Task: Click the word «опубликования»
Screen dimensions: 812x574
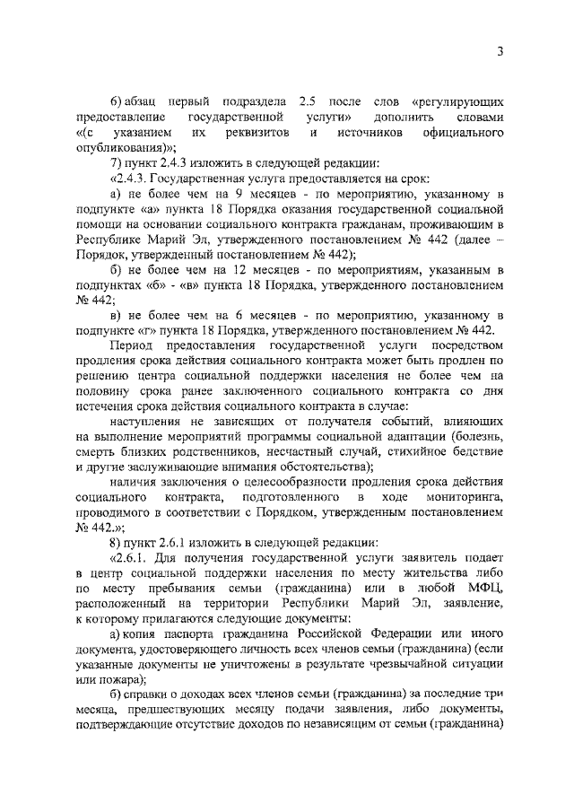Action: (x=122, y=148)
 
